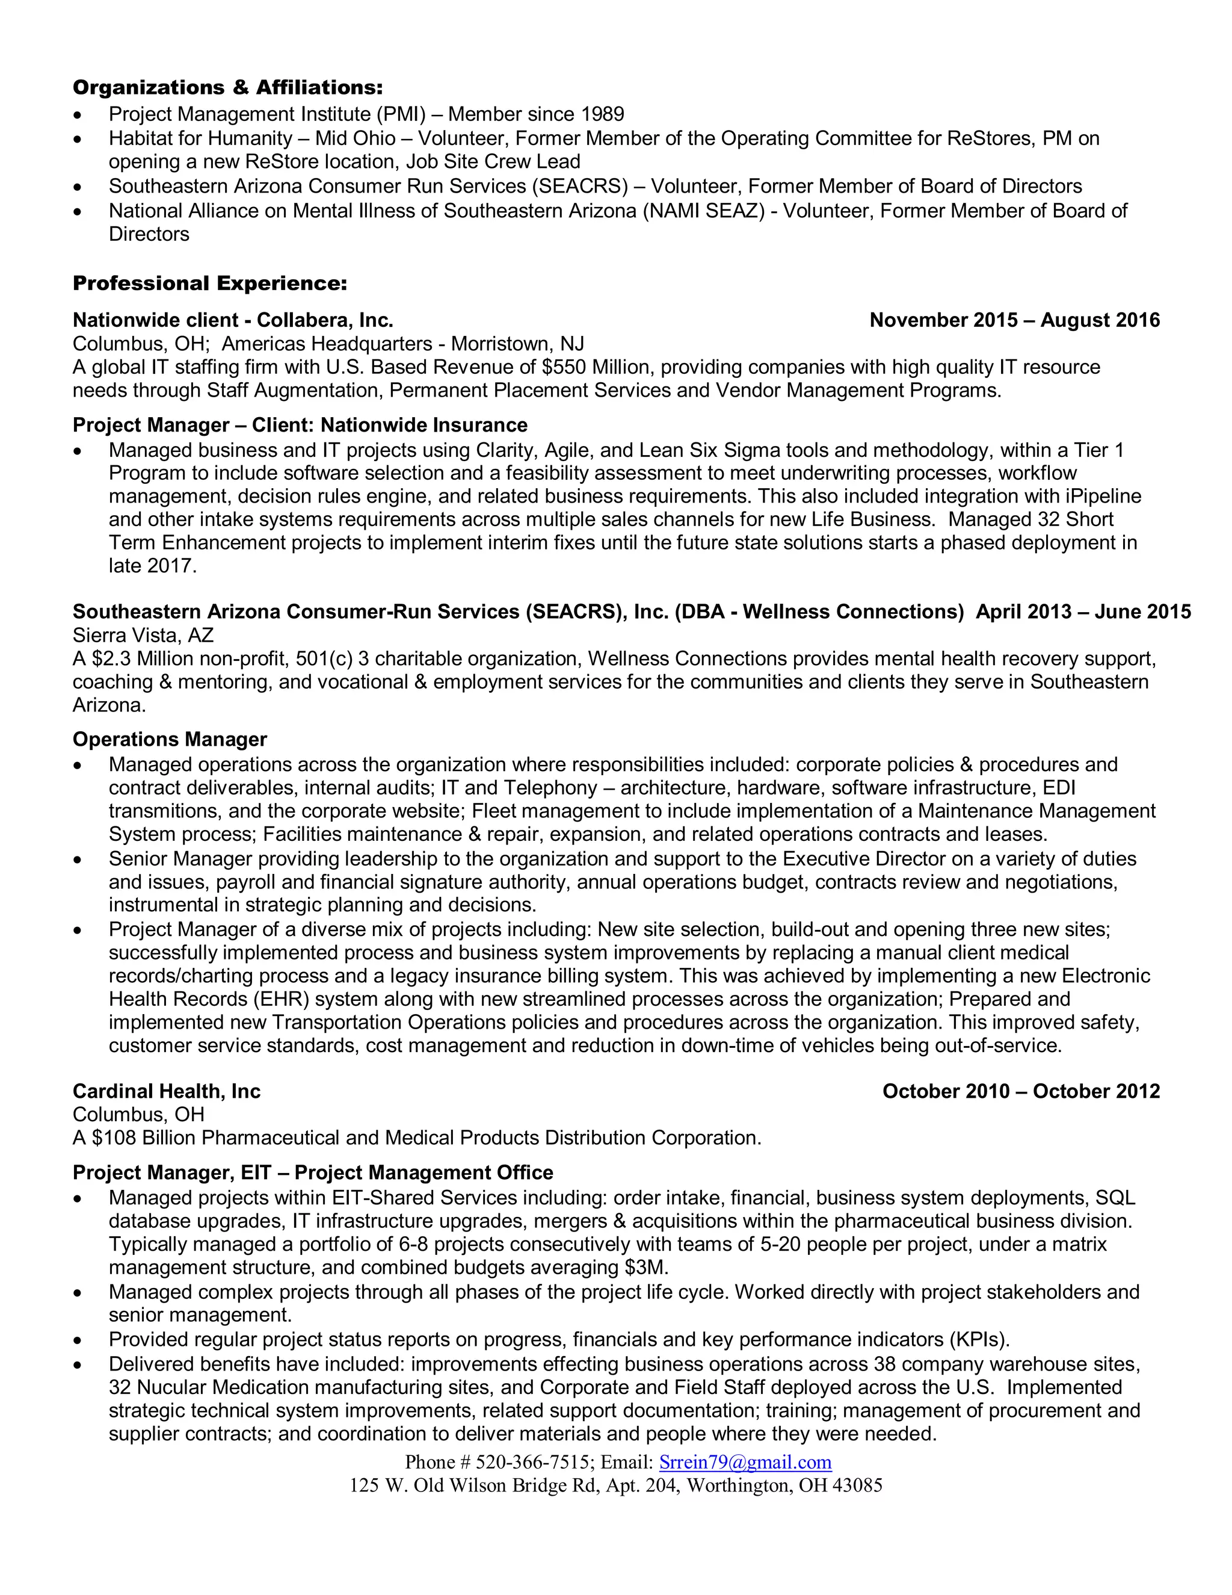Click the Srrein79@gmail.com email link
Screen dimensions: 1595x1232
pyautogui.click(x=745, y=1461)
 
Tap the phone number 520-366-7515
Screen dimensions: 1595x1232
pyautogui.click(x=532, y=1461)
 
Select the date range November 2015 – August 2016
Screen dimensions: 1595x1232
pyautogui.click(x=1014, y=320)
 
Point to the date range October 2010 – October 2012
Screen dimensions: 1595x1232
pyautogui.click(x=1020, y=1091)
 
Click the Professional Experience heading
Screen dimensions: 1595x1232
pyautogui.click(x=209, y=283)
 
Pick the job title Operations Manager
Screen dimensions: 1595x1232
pyautogui.click(x=169, y=739)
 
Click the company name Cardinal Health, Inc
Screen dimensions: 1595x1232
pyautogui.click(x=167, y=1091)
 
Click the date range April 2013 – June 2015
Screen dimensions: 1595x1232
pyautogui.click(x=1083, y=612)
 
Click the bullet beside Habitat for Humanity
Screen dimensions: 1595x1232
pyautogui.click(x=78, y=139)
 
